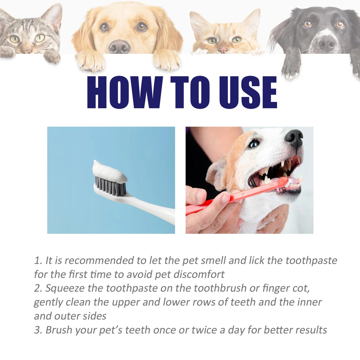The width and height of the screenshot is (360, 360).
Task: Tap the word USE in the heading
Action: point(245,93)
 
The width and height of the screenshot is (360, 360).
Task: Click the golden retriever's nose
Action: point(120,46)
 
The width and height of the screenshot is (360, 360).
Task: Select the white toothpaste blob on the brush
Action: point(109,172)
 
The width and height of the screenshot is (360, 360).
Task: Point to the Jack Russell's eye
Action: point(254,143)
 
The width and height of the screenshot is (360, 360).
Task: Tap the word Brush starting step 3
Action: point(60,330)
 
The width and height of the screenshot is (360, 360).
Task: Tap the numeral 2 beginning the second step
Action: point(37,288)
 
